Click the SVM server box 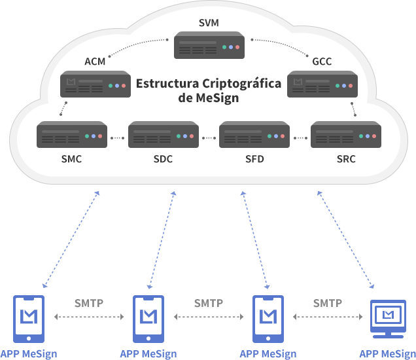pyautogui.click(x=209, y=45)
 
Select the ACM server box pyautogui.click(x=95, y=84)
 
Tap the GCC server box pyautogui.click(x=322, y=84)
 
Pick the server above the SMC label pyautogui.click(x=72, y=134)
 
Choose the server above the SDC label pyautogui.click(x=164, y=134)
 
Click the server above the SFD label pyautogui.click(x=254, y=134)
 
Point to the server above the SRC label pyautogui.click(x=346, y=134)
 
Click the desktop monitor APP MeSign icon pyautogui.click(x=388, y=319)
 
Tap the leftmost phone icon pyautogui.click(x=29, y=319)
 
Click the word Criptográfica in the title pyautogui.click(x=242, y=84)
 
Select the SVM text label pyautogui.click(x=209, y=23)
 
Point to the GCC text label pyautogui.click(x=322, y=62)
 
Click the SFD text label pyautogui.click(x=254, y=159)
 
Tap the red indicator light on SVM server pyautogui.click(x=237, y=47)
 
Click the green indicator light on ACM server pyautogui.click(x=111, y=86)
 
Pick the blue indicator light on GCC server pyautogui.click(x=344, y=86)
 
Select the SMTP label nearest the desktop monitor pyautogui.click(x=328, y=303)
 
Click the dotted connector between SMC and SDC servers pyautogui.click(x=118, y=138)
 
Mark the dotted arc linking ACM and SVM pyautogui.click(x=137, y=44)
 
